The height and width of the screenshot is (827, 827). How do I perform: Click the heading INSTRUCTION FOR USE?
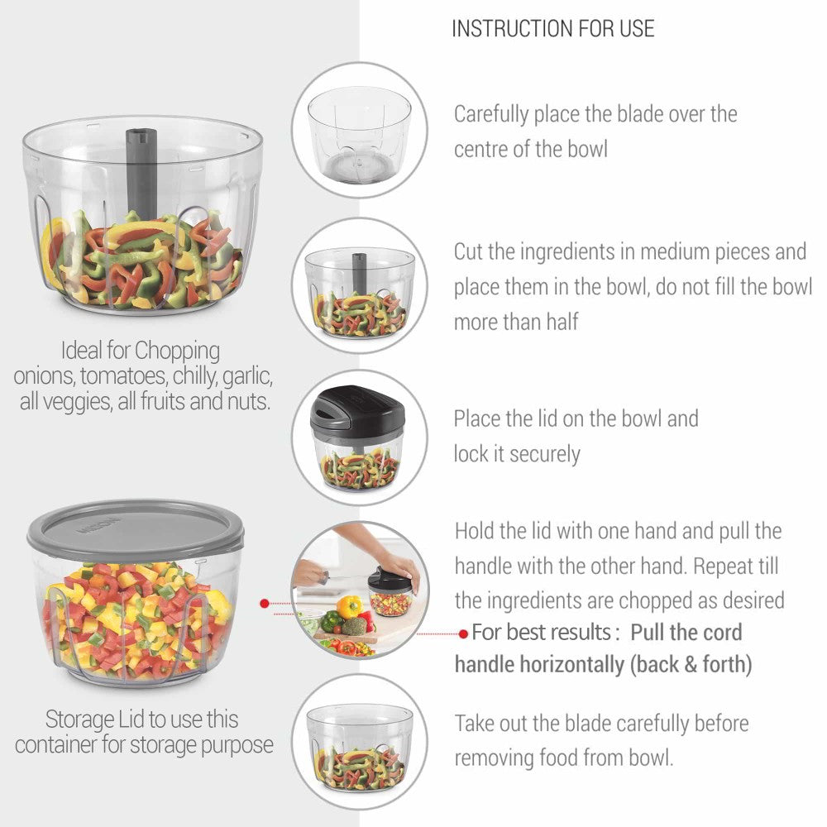552,28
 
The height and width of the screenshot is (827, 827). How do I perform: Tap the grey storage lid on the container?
136,529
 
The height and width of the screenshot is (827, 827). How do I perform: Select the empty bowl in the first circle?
359,136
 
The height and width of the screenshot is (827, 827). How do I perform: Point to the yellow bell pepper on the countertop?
349,607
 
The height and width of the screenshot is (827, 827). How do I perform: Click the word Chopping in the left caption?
177,351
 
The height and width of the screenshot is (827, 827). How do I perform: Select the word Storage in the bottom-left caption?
79,720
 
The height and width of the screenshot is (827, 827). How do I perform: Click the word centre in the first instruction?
480,150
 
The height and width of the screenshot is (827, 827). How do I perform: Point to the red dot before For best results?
463,633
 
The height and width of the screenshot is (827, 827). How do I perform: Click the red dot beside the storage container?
265,604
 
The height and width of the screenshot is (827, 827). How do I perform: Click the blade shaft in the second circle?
359,274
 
